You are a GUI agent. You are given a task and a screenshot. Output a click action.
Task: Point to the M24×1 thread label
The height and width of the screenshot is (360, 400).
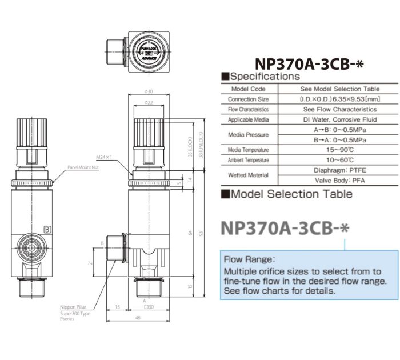pos(105,157)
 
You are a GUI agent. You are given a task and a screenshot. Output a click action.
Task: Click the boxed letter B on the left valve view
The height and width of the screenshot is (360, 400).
pos(47,229)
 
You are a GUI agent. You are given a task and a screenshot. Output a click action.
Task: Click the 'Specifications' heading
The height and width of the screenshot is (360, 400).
pos(264,76)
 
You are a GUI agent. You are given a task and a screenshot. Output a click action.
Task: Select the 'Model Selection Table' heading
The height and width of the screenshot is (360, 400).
pos(290,194)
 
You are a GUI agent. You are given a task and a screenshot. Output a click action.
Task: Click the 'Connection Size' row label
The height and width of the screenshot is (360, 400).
pos(248,99)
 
